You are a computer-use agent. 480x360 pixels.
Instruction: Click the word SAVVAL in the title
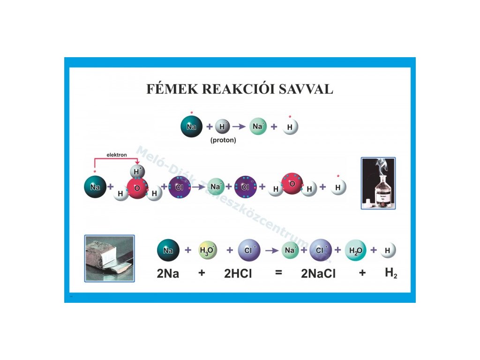pos(305,90)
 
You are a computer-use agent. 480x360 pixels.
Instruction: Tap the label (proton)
pos(223,140)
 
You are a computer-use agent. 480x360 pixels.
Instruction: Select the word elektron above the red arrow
pos(117,154)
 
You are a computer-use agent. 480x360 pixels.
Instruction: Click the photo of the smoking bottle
pos(378,183)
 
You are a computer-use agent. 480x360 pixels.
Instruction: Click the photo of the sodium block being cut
pos(109,258)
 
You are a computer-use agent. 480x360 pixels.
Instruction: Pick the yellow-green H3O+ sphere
pos(208,250)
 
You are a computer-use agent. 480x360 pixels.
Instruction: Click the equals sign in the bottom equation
pos(278,272)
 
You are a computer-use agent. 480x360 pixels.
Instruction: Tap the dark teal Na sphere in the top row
pos(191,127)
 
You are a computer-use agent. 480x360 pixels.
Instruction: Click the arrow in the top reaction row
pos(239,127)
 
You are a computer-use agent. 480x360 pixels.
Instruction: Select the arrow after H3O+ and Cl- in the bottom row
pos(271,250)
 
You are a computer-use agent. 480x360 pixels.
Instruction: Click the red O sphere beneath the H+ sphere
pos(137,188)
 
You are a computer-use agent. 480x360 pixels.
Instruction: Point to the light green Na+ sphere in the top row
pos(258,127)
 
